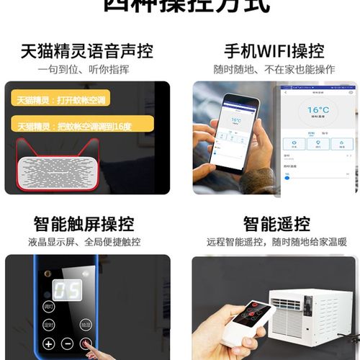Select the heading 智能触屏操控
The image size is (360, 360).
tap(86, 224)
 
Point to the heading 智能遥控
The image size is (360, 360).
tap(274, 224)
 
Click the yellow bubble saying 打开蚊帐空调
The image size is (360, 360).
tap(68, 99)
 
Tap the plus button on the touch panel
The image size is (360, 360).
tap(48, 344)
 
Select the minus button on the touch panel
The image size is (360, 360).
tap(67, 344)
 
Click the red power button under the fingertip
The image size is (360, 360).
tap(86, 343)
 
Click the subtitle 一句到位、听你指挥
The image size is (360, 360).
tap(86, 69)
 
